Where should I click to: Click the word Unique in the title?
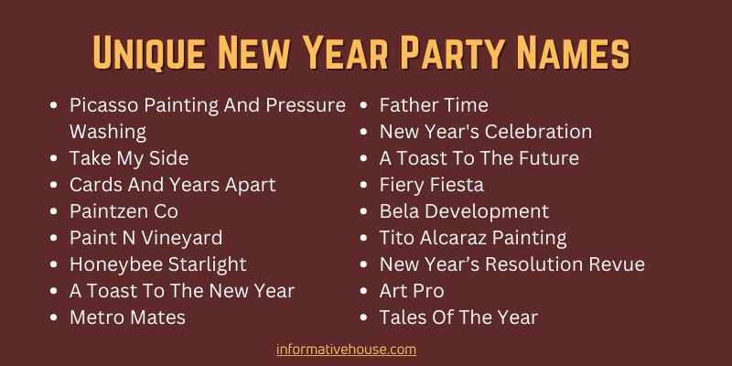pyautogui.click(x=148, y=51)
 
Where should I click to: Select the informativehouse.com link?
pyautogui.click(x=346, y=350)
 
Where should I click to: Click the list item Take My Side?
pyautogui.click(x=129, y=159)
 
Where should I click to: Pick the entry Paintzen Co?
pyautogui.click(x=124, y=211)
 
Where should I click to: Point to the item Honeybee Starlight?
pyautogui.click(x=157, y=265)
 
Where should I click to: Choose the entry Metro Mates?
pyautogui.click(x=127, y=318)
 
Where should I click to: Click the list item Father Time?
pyautogui.click(x=434, y=105)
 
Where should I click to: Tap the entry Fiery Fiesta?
pyautogui.click(x=431, y=186)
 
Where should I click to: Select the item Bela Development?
pyautogui.click(x=464, y=212)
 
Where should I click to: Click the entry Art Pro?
pyautogui.click(x=412, y=291)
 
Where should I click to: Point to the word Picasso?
pyautogui.click(x=104, y=105)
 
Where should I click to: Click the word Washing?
pyautogui.click(x=108, y=133)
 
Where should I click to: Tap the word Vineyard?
pyautogui.click(x=181, y=239)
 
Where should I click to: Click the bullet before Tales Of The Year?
pyautogui.click(x=364, y=318)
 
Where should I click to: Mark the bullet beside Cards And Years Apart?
pyautogui.click(x=54, y=186)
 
